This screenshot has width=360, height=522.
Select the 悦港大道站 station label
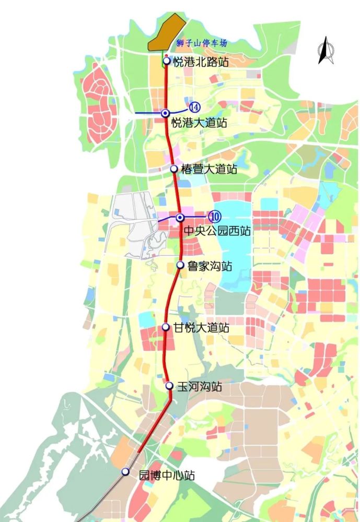coord(199,124)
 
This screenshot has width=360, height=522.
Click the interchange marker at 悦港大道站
coord(165,113)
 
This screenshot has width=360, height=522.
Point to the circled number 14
coord(194,107)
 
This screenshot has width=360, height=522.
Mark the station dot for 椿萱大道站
coord(173,169)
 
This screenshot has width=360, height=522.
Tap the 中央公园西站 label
coord(217,230)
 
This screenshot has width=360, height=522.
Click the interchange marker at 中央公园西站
coord(179,217)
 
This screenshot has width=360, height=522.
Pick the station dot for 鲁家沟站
coord(180,265)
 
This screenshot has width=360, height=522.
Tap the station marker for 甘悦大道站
coord(166,327)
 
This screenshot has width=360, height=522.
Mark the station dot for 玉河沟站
coord(169,386)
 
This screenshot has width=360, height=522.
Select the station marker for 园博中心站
coord(125,471)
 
